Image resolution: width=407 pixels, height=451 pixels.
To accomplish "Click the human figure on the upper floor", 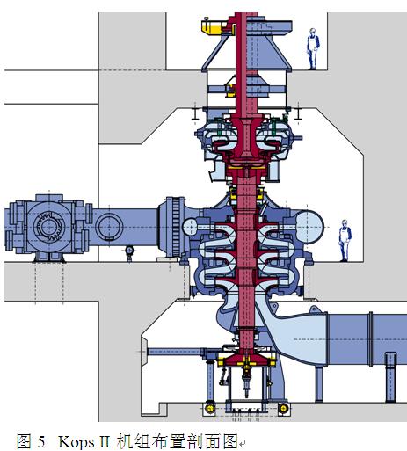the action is (313, 49).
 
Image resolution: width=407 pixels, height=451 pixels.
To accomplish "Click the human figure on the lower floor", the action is (345, 240).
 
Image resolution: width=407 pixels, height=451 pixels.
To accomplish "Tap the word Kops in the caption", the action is (76, 441).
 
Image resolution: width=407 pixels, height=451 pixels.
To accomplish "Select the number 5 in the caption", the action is (41, 441).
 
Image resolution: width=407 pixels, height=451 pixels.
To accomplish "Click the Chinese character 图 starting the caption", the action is (24, 441).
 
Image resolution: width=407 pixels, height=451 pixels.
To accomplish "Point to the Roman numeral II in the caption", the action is (105, 441).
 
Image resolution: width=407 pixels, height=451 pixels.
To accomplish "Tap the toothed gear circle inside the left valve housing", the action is (49, 227).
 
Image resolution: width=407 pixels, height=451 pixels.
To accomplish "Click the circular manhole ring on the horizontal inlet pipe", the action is (109, 227).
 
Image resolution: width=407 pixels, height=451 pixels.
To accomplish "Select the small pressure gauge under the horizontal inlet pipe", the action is (129, 251).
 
